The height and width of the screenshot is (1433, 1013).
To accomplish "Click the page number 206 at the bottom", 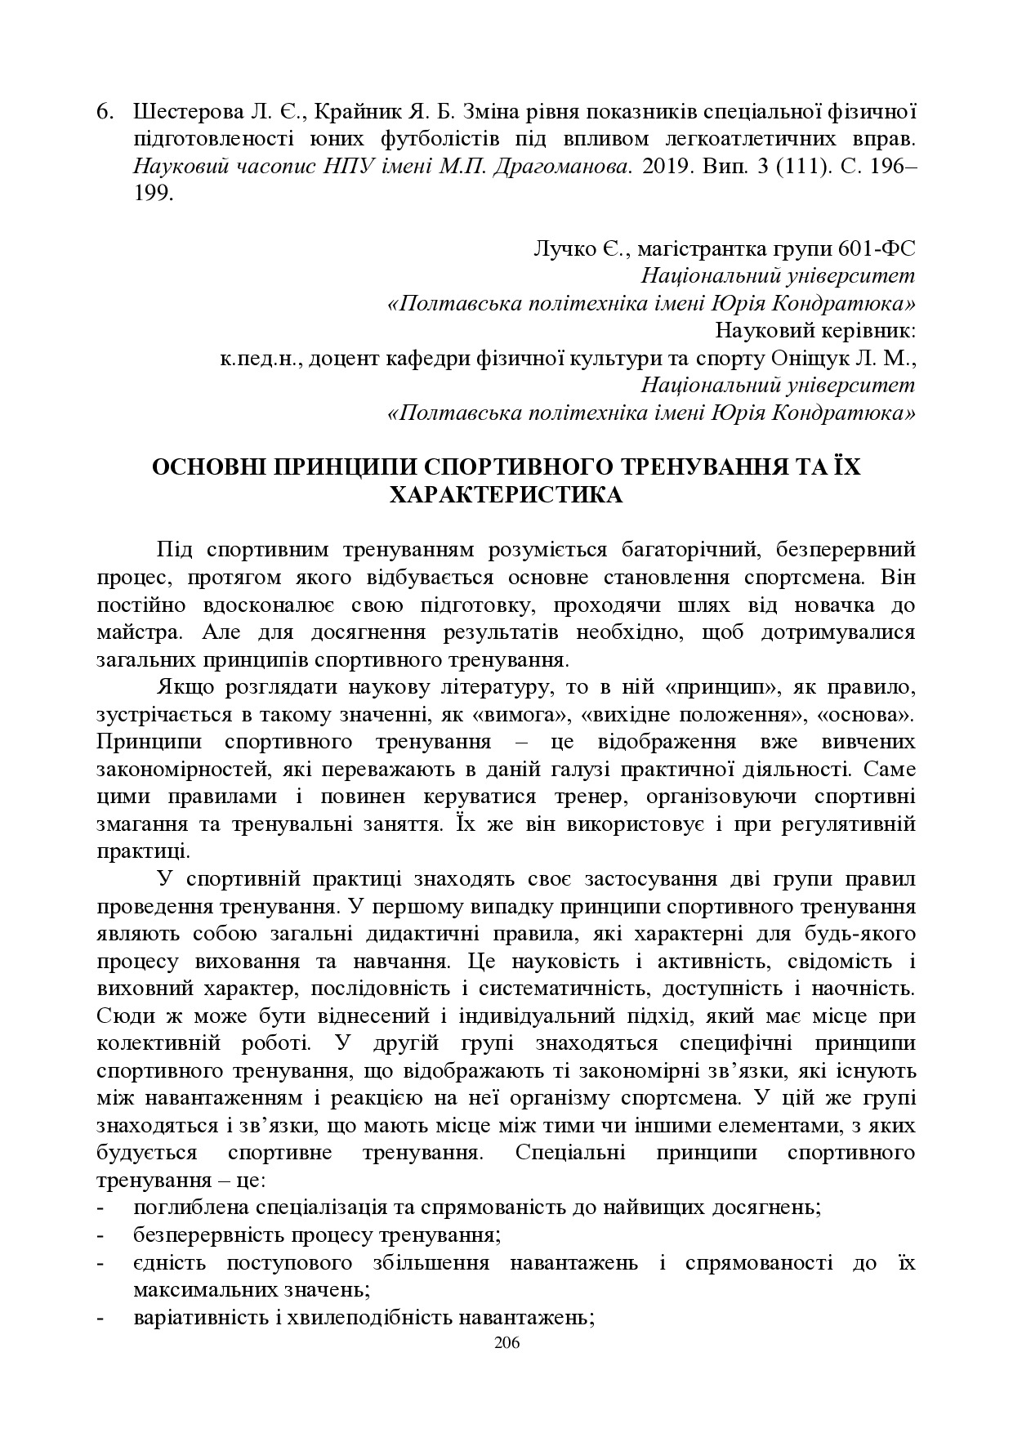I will [x=506, y=1344].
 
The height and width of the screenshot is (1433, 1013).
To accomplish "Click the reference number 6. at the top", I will [x=106, y=112].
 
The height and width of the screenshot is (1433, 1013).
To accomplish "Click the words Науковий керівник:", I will [x=814, y=331].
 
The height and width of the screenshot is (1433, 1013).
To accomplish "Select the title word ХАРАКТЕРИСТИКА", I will [x=506, y=495].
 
